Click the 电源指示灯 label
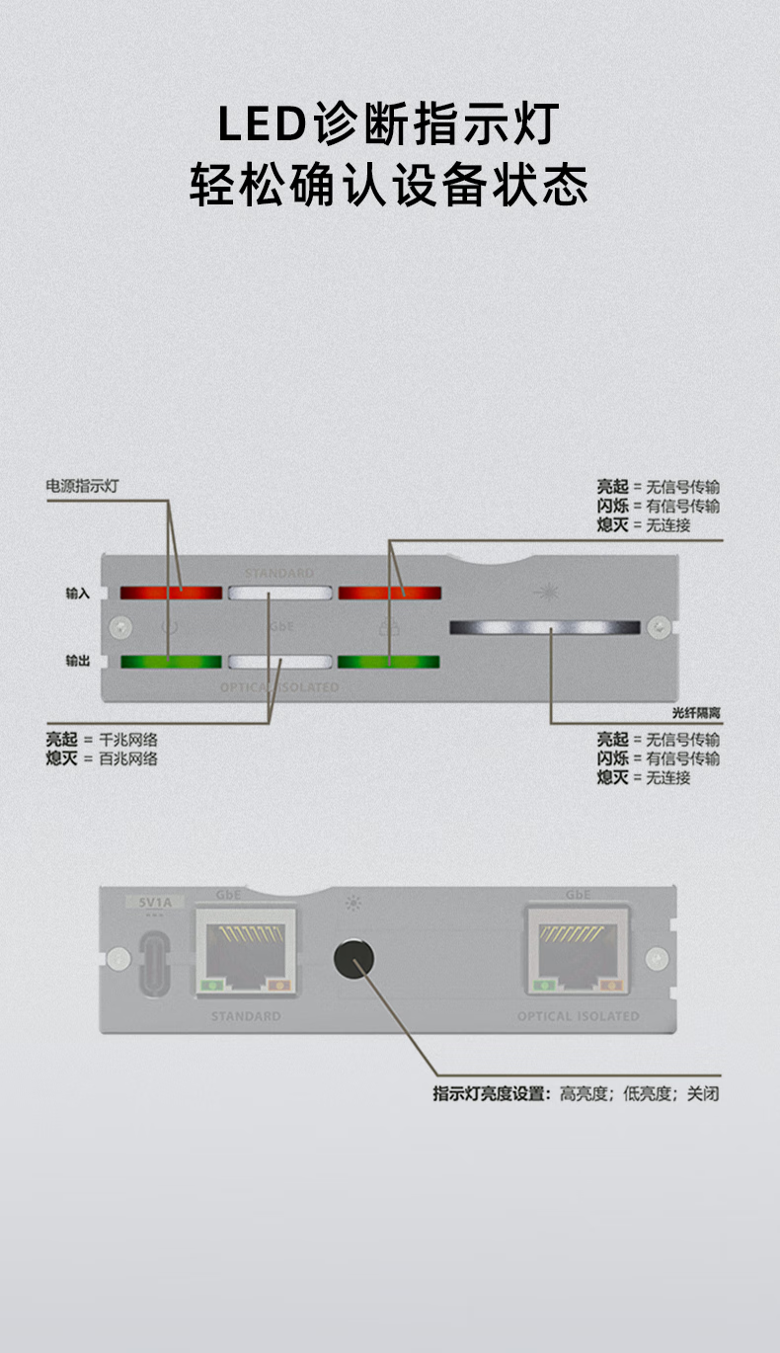(x=88, y=486)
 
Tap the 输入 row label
(x=78, y=594)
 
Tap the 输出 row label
(x=78, y=661)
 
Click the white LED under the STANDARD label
(x=280, y=594)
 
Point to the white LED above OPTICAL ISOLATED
(x=280, y=662)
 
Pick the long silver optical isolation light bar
(x=545, y=627)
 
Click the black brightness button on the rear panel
(x=353, y=958)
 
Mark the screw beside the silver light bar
(x=658, y=626)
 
